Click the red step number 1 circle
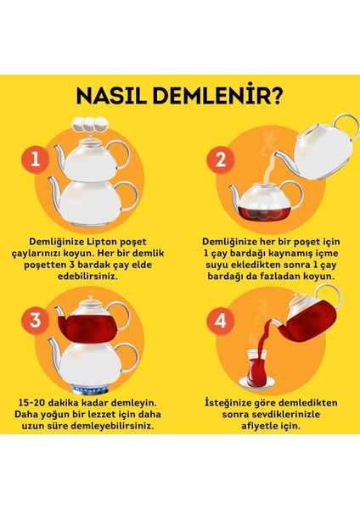[x=35, y=159]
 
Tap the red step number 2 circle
[x=221, y=159]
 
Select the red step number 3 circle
[x=35, y=321]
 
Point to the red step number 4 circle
[x=221, y=321]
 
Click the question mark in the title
[x=277, y=95]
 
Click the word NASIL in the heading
[x=111, y=95]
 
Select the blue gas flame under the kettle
[x=89, y=389]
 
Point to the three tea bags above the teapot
[x=90, y=125]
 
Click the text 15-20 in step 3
[x=31, y=403]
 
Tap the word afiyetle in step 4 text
[x=261, y=426]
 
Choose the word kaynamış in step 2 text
[x=284, y=254]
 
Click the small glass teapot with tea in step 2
[x=266, y=202]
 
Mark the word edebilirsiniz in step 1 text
[x=87, y=277]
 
